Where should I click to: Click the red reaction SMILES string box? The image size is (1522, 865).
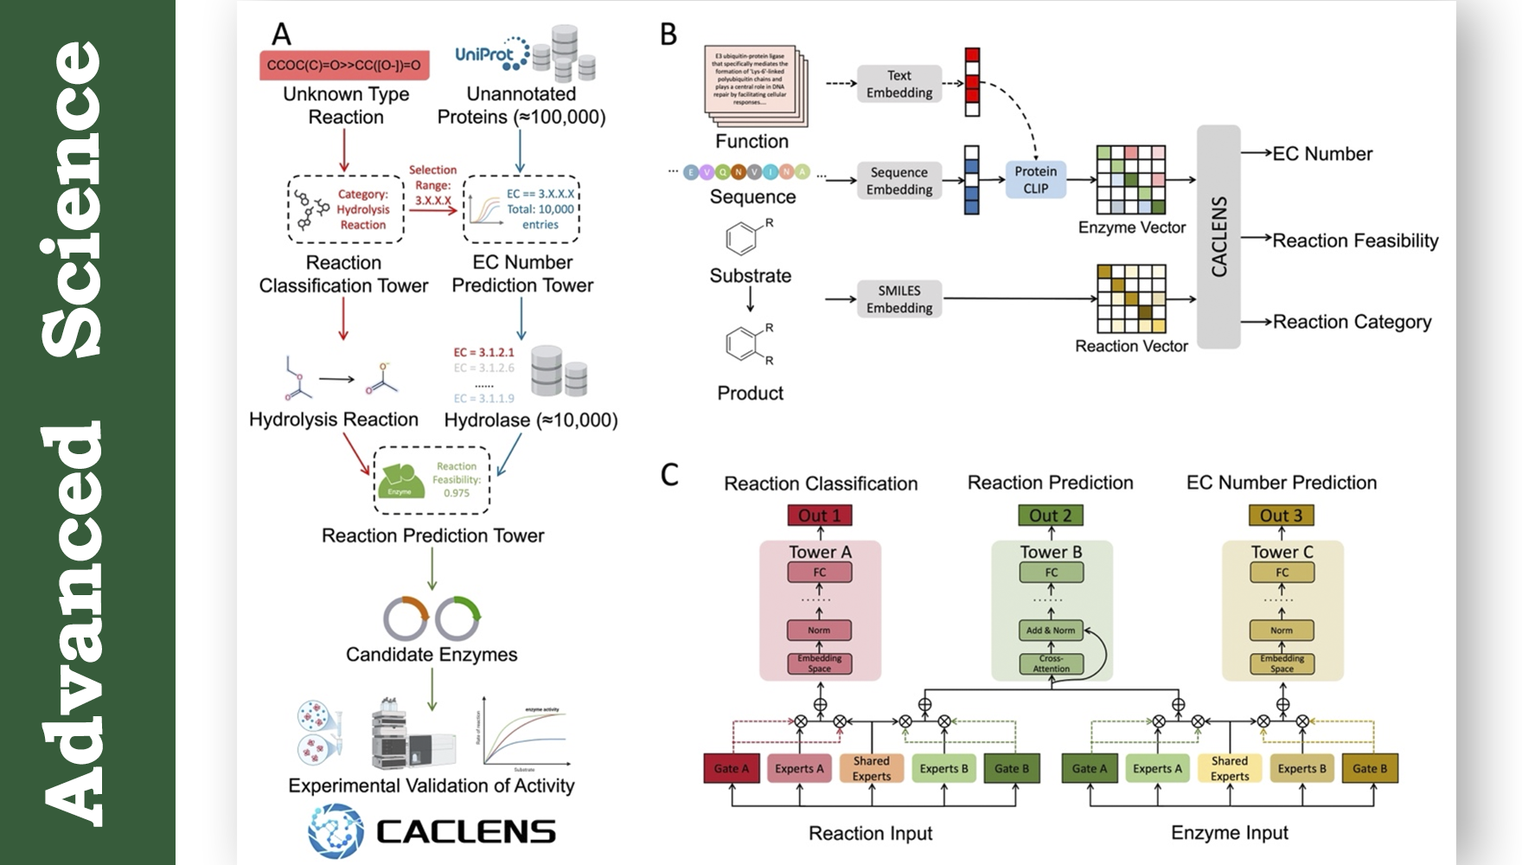coord(344,65)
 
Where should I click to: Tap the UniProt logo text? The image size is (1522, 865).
coord(484,55)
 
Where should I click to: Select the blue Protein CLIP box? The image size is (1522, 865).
coord(1035,180)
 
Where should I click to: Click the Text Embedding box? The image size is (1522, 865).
coord(899,84)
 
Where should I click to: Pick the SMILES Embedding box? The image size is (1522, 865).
coord(899,299)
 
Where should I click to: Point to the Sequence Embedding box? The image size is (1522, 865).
coord(899,181)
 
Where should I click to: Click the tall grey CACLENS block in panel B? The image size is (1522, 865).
coord(1218,236)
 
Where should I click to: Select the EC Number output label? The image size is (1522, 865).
coord(1322,154)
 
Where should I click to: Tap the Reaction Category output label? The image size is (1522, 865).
coord(1352,322)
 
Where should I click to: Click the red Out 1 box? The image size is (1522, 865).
coord(819,516)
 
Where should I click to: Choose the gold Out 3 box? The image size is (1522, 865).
coord(1281,516)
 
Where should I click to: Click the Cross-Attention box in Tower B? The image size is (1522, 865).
coord(1051,663)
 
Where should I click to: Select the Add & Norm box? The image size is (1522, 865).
coord(1051,631)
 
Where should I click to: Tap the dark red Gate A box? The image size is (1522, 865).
coord(732,768)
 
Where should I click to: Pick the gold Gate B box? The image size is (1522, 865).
coord(1369,768)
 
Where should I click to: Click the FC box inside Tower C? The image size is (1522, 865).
coord(1282,573)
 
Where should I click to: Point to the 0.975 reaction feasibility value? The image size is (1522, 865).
coord(457,493)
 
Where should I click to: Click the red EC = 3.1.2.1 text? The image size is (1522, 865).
coord(483,352)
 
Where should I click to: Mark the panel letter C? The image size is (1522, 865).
coord(669,475)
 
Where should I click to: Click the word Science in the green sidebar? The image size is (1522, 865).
coord(73,199)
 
